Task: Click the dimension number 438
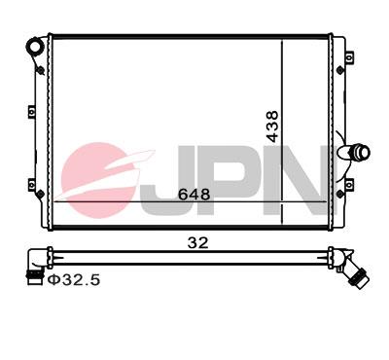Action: (272, 126)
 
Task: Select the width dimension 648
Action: (194, 195)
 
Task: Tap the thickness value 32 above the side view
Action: (197, 243)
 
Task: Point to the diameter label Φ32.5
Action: (74, 280)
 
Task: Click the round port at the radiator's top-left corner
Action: (35, 46)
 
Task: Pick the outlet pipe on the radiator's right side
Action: (354, 152)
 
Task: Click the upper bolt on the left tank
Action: (41, 70)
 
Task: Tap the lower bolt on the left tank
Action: (40, 195)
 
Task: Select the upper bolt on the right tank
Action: (340, 69)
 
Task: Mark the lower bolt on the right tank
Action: (340, 194)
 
